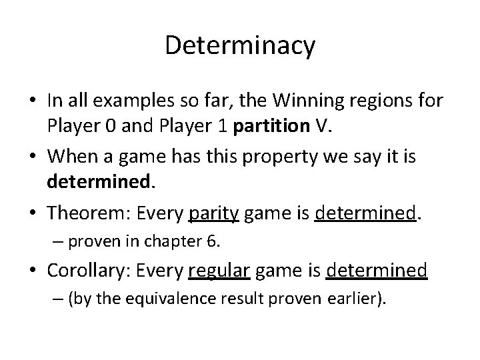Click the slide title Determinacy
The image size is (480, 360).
tap(240, 46)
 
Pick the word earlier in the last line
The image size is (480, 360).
tap(355, 299)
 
